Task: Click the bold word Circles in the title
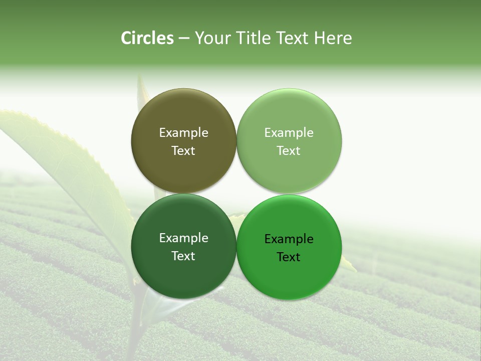coord(147,38)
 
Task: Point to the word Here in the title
coord(333,38)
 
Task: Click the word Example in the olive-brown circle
coord(183,133)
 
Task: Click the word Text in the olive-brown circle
coord(183,151)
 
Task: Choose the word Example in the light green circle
coord(289,133)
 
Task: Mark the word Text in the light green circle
coord(289,151)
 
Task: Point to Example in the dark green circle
coord(183,238)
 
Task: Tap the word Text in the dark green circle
coord(183,256)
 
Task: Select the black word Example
coord(289,239)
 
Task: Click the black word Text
coord(289,257)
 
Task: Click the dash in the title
coord(184,39)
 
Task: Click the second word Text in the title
coord(293,38)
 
